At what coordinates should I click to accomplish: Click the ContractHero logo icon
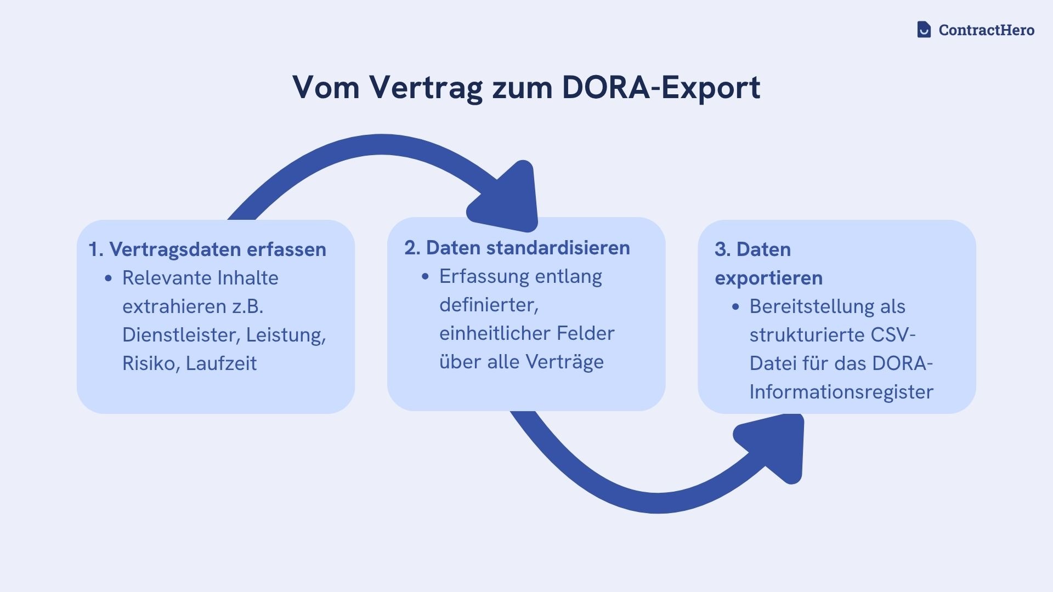[x=924, y=30]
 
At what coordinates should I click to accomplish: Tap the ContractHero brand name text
[x=986, y=30]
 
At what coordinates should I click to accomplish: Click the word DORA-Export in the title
[x=661, y=87]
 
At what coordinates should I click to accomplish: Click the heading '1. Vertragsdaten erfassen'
[x=207, y=249]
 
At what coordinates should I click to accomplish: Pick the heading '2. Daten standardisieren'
[x=517, y=248]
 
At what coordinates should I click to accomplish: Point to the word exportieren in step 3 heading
[x=768, y=278]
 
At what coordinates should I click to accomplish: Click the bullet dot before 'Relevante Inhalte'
[x=108, y=278]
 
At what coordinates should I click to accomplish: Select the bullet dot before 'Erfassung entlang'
[x=425, y=277]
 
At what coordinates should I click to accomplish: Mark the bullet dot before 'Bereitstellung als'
[x=735, y=307]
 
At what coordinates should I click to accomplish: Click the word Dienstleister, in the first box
[x=181, y=335]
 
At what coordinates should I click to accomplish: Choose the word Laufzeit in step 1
[x=221, y=363]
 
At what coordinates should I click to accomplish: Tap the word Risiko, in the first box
[x=151, y=363]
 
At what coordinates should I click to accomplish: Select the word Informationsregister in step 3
[x=841, y=392]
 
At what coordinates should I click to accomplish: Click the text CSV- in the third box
[x=893, y=335]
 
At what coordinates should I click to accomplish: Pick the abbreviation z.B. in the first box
[x=247, y=306]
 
